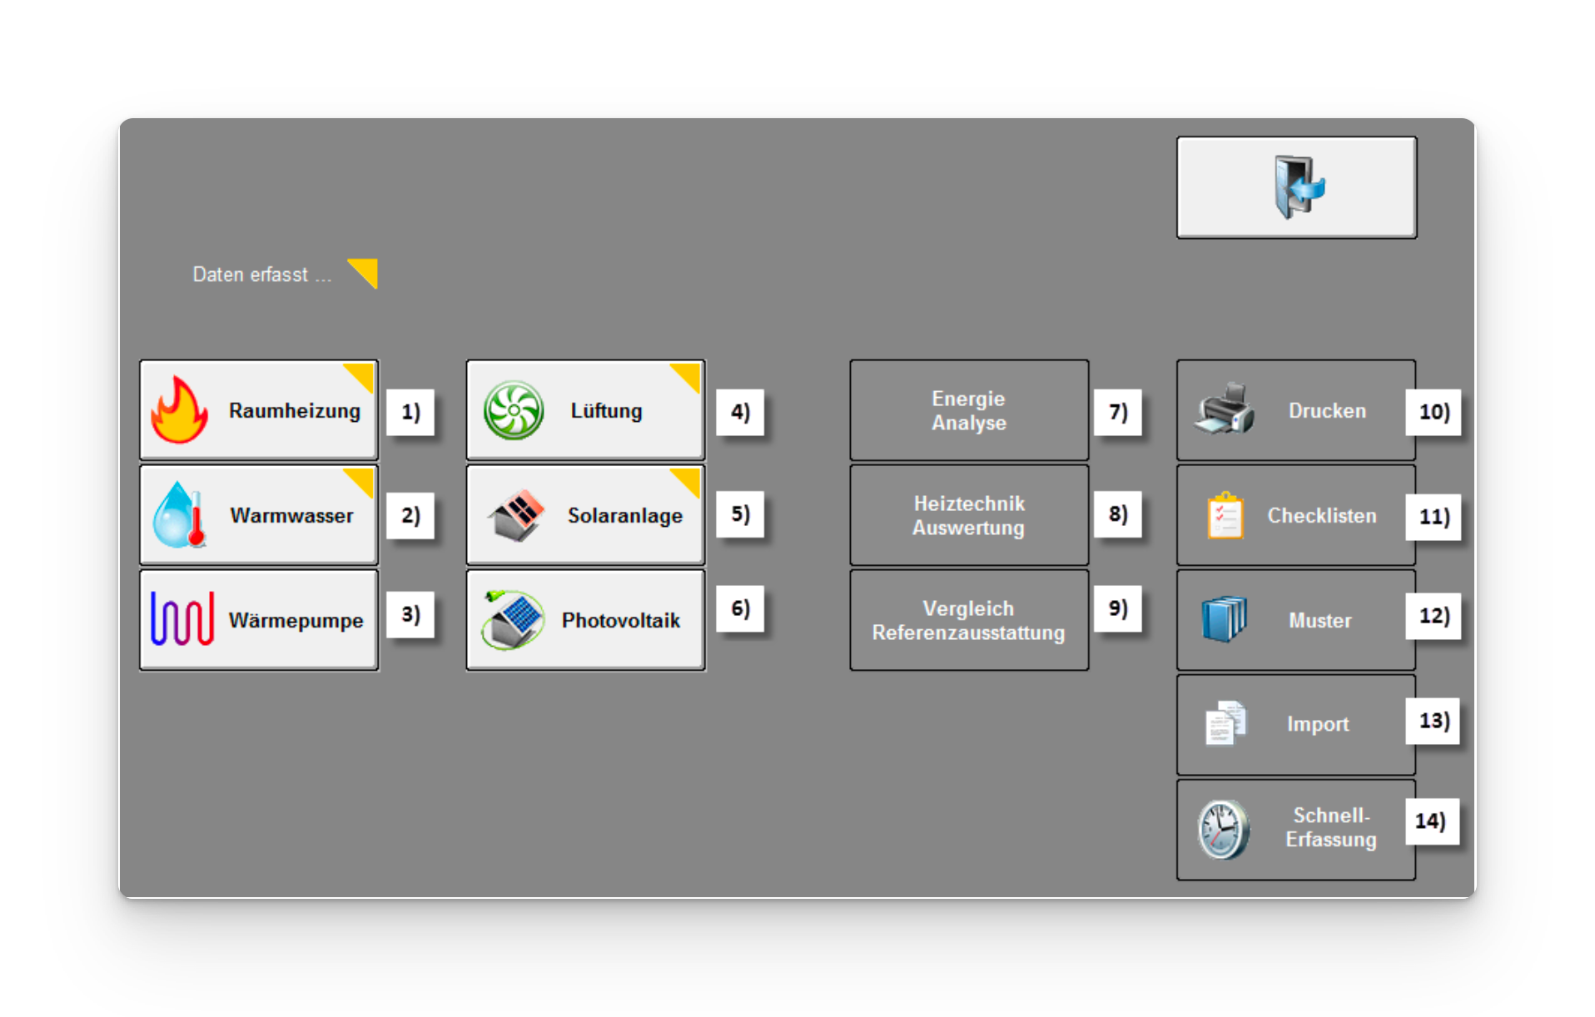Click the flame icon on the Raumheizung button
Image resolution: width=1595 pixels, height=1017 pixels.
coord(179,410)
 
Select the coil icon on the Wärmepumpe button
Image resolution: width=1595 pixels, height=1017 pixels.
coord(182,619)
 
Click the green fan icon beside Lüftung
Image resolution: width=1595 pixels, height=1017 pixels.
coord(514,410)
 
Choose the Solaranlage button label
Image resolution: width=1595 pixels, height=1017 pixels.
coord(624,516)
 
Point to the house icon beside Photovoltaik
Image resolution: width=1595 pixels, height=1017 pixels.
coord(514,620)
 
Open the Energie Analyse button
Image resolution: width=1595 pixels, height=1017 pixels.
coord(968,410)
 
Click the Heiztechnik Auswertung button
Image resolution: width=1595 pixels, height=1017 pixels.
coord(968,515)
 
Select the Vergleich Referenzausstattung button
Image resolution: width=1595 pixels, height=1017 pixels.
coord(968,620)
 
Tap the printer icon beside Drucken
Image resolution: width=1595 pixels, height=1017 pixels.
coord(1224,409)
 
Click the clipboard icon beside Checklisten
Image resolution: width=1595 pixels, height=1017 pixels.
coord(1225,516)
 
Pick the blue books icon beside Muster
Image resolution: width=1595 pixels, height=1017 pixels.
coord(1224,619)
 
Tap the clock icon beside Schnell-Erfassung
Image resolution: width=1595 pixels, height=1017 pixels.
coord(1223,829)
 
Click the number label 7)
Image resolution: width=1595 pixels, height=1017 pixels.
coord(1117,412)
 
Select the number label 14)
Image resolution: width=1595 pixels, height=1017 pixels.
coord(1431,821)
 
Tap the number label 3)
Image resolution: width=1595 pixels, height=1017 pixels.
coord(410,615)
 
